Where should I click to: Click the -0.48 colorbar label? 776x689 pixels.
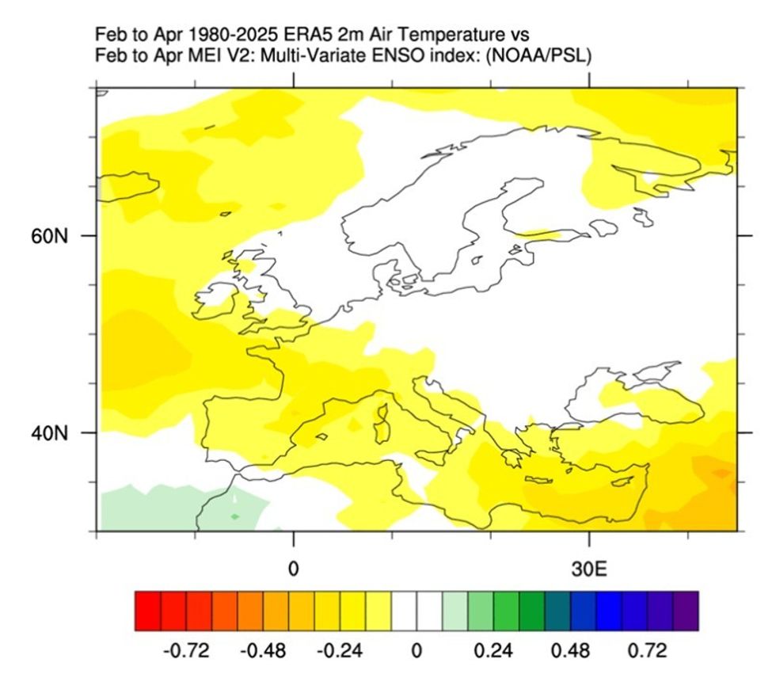264,652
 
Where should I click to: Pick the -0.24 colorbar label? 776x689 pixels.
340,652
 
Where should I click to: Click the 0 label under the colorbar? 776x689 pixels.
417,652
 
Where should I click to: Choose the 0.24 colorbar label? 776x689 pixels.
494,652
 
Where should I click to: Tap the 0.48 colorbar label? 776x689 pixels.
571,652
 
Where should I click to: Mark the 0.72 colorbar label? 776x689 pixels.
648,652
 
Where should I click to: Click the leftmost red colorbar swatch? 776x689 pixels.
148,611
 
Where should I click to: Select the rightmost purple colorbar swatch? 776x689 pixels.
686,611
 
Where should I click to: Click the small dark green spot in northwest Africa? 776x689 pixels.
235,516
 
